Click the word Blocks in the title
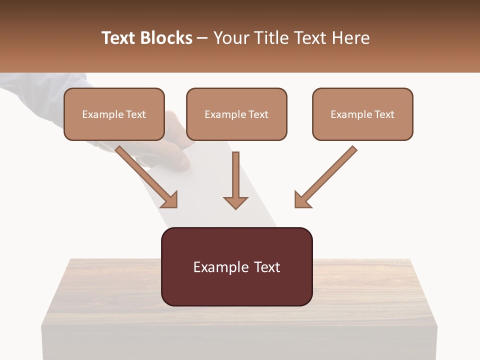pyautogui.click(x=166, y=38)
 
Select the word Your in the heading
pyautogui.click(x=231, y=38)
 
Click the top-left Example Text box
pyautogui.click(x=114, y=114)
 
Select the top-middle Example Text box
pyautogui.click(x=236, y=114)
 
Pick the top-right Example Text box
pyautogui.click(x=362, y=114)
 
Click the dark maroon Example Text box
pyautogui.click(x=236, y=266)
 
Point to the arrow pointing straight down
pyautogui.click(x=235, y=180)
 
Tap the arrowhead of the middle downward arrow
pyautogui.click(x=235, y=202)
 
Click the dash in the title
pyautogui.click(x=202, y=38)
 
